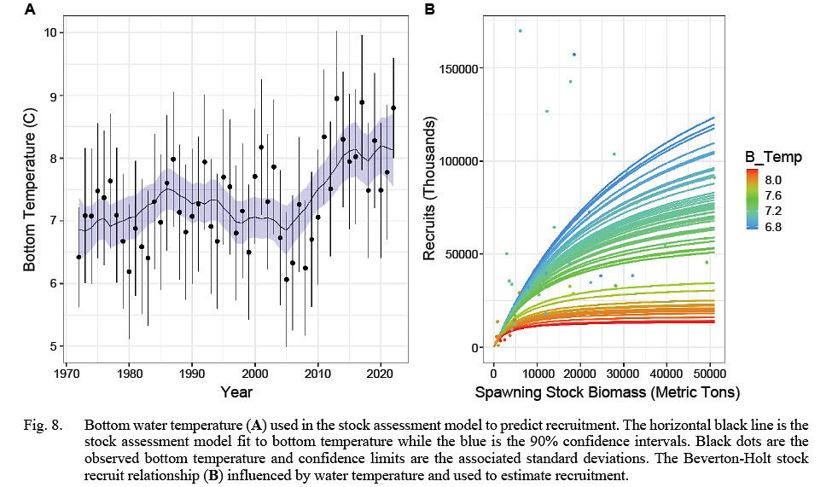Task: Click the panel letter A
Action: coord(31,10)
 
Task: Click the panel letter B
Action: coord(430,10)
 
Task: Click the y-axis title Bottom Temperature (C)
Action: coord(29,189)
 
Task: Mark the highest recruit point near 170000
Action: coord(520,31)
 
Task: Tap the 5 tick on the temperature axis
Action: coord(49,346)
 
